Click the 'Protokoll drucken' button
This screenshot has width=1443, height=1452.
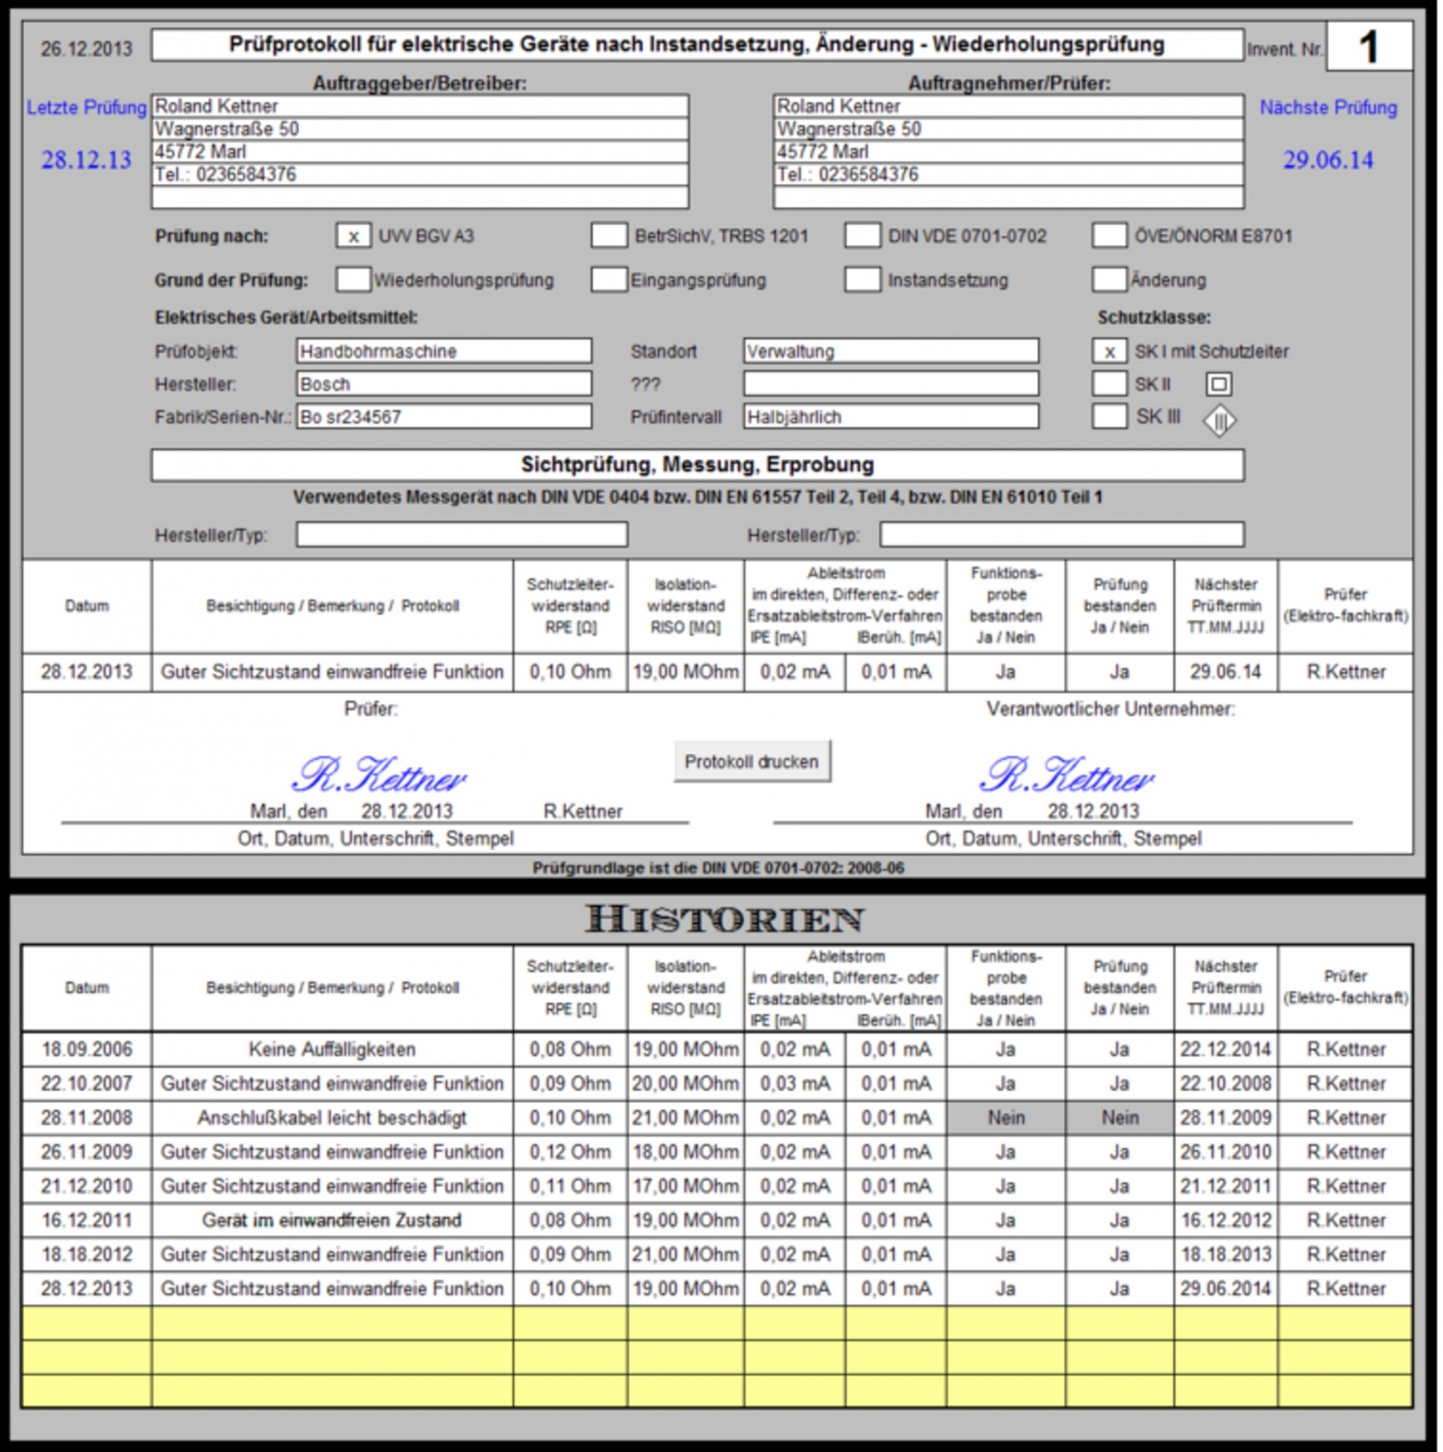coord(752,761)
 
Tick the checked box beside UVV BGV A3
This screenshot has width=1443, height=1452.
coord(354,236)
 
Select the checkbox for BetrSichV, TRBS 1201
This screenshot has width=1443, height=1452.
coord(608,236)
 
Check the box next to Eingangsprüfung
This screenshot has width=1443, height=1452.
coord(608,279)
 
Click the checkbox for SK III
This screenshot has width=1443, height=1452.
coord(1108,416)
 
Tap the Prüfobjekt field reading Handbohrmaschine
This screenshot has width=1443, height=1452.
coord(444,351)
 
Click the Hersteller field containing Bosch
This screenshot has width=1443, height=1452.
coord(444,384)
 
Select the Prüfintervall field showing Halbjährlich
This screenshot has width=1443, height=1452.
coord(890,416)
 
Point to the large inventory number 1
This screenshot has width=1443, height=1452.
coord(1369,48)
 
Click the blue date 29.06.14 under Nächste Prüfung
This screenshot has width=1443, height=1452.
coord(1328,160)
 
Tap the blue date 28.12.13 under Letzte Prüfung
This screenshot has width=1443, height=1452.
coord(86,160)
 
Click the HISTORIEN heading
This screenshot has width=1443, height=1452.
coord(724,919)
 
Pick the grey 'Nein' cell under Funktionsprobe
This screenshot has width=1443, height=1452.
coord(1006,1118)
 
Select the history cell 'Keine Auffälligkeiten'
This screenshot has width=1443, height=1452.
coord(331,1049)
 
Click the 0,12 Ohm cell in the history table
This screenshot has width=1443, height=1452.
coord(570,1151)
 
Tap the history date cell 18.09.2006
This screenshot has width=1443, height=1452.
coord(87,1049)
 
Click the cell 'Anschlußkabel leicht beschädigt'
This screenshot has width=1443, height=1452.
coord(331,1118)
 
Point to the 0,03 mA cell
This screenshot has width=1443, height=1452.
coord(794,1084)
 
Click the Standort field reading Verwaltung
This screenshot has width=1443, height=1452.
coord(890,351)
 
